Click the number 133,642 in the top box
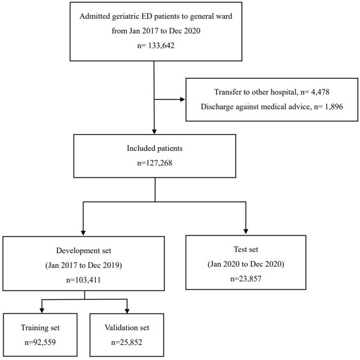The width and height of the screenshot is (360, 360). click(x=161, y=45)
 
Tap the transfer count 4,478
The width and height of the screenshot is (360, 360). click(x=320, y=92)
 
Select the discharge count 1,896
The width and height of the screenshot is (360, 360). click(x=334, y=107)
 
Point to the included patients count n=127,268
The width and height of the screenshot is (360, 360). click(x=155, y=163)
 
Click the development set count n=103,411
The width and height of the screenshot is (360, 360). click(x=83, y=280)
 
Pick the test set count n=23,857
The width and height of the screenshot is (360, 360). click(x=246, y=279)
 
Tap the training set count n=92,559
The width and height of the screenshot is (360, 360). click(x=40, y=342)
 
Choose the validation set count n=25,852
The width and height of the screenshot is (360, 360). click(x=127, y=342)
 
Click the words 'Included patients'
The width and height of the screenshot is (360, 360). click(x=155, y=148)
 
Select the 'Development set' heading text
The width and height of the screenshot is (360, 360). click(x=84, y=251)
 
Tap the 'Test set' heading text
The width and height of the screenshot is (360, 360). click(x=246, y=249)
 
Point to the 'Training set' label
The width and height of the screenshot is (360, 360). click(x=40, y=328)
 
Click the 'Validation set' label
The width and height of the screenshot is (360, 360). click(x=127, y=328)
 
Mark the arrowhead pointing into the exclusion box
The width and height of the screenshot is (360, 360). click(x=183, y=99)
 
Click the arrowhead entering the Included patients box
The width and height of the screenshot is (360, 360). click(x=154, y=131)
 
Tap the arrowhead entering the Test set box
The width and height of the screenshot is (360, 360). click(x=246, y=231)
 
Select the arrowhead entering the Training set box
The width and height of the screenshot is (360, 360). click(x=42, y=310)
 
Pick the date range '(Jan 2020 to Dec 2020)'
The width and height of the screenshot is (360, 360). click(x=246, y=264)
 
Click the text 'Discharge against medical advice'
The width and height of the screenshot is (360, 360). click(x=255, y=107)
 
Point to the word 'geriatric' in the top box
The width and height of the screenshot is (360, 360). click(x=126, y=17)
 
